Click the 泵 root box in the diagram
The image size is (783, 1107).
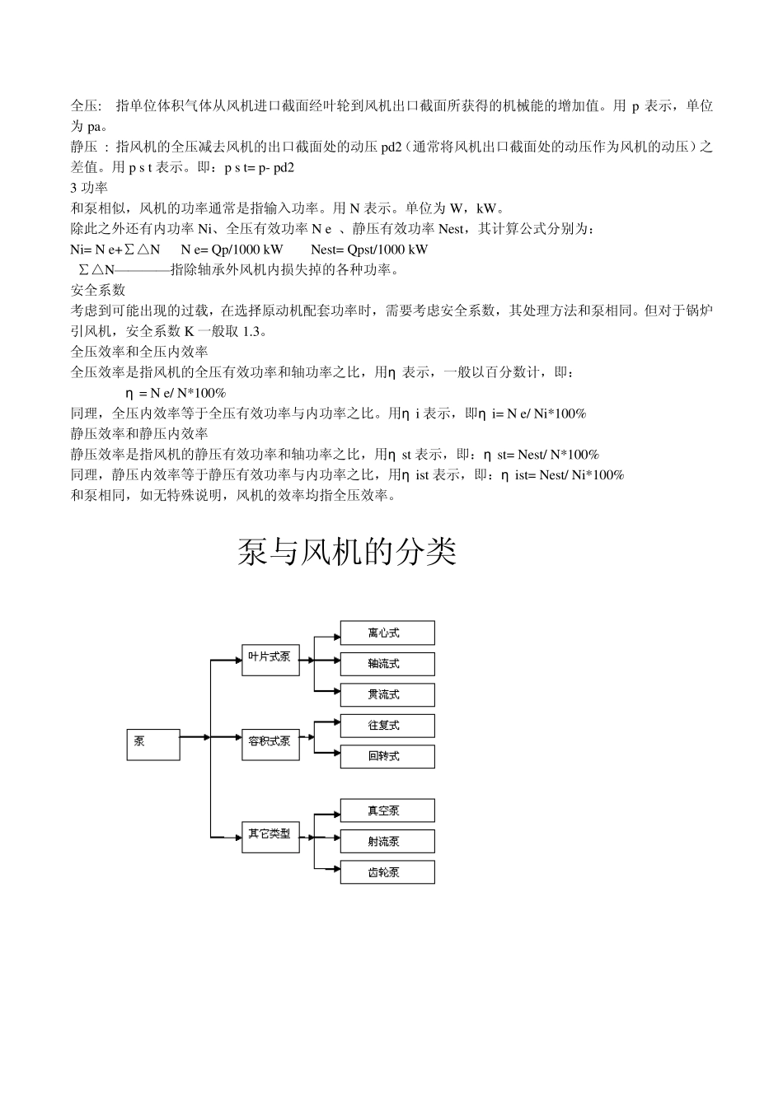[x=152, y=744]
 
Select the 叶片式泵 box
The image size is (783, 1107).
[x=270, y=659]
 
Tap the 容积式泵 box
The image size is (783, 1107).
[x=270, y=744]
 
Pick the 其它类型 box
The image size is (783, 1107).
[x=270, y=836]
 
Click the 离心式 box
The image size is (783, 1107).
[x=387, y=633]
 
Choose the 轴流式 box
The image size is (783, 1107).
[x=387, y=664]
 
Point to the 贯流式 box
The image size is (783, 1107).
[x=387, y=695]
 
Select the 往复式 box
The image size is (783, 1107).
[x=387, y=726]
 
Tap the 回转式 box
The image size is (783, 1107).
[x=387, y=757]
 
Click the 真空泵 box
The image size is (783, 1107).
[x=387, y=810]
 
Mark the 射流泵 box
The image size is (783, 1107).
[x=387, y=842]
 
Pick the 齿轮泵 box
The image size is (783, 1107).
[x=387, y=872]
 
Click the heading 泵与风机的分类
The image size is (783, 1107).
[x=347, y=553]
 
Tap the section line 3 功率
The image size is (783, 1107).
[x=89, y=188]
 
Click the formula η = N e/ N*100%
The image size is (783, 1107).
[x=175, y=393]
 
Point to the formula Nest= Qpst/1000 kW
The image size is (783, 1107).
[x=369, y=250]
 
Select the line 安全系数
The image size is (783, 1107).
[x=98, y=290]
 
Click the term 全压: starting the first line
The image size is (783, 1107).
[x=86, y=106]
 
